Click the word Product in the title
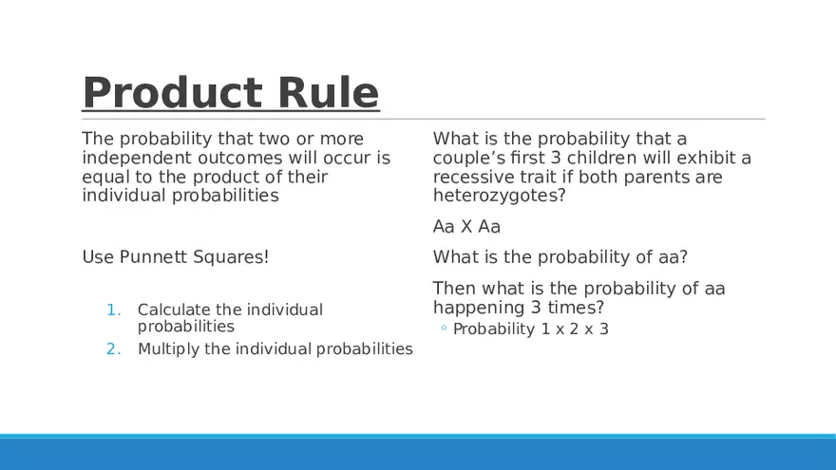173,92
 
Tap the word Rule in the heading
329,92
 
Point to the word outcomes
240,158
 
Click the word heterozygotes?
499,197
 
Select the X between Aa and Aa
466,227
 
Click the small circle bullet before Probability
444,328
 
